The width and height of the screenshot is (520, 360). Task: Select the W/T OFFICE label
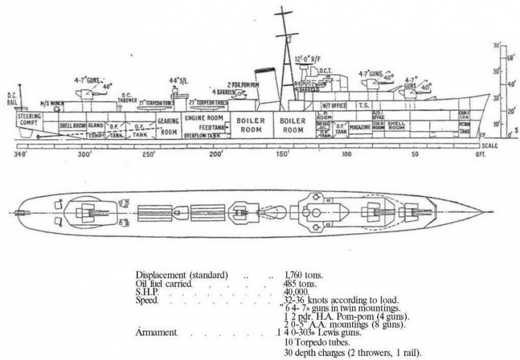334,105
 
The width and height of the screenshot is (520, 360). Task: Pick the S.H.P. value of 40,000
298,292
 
